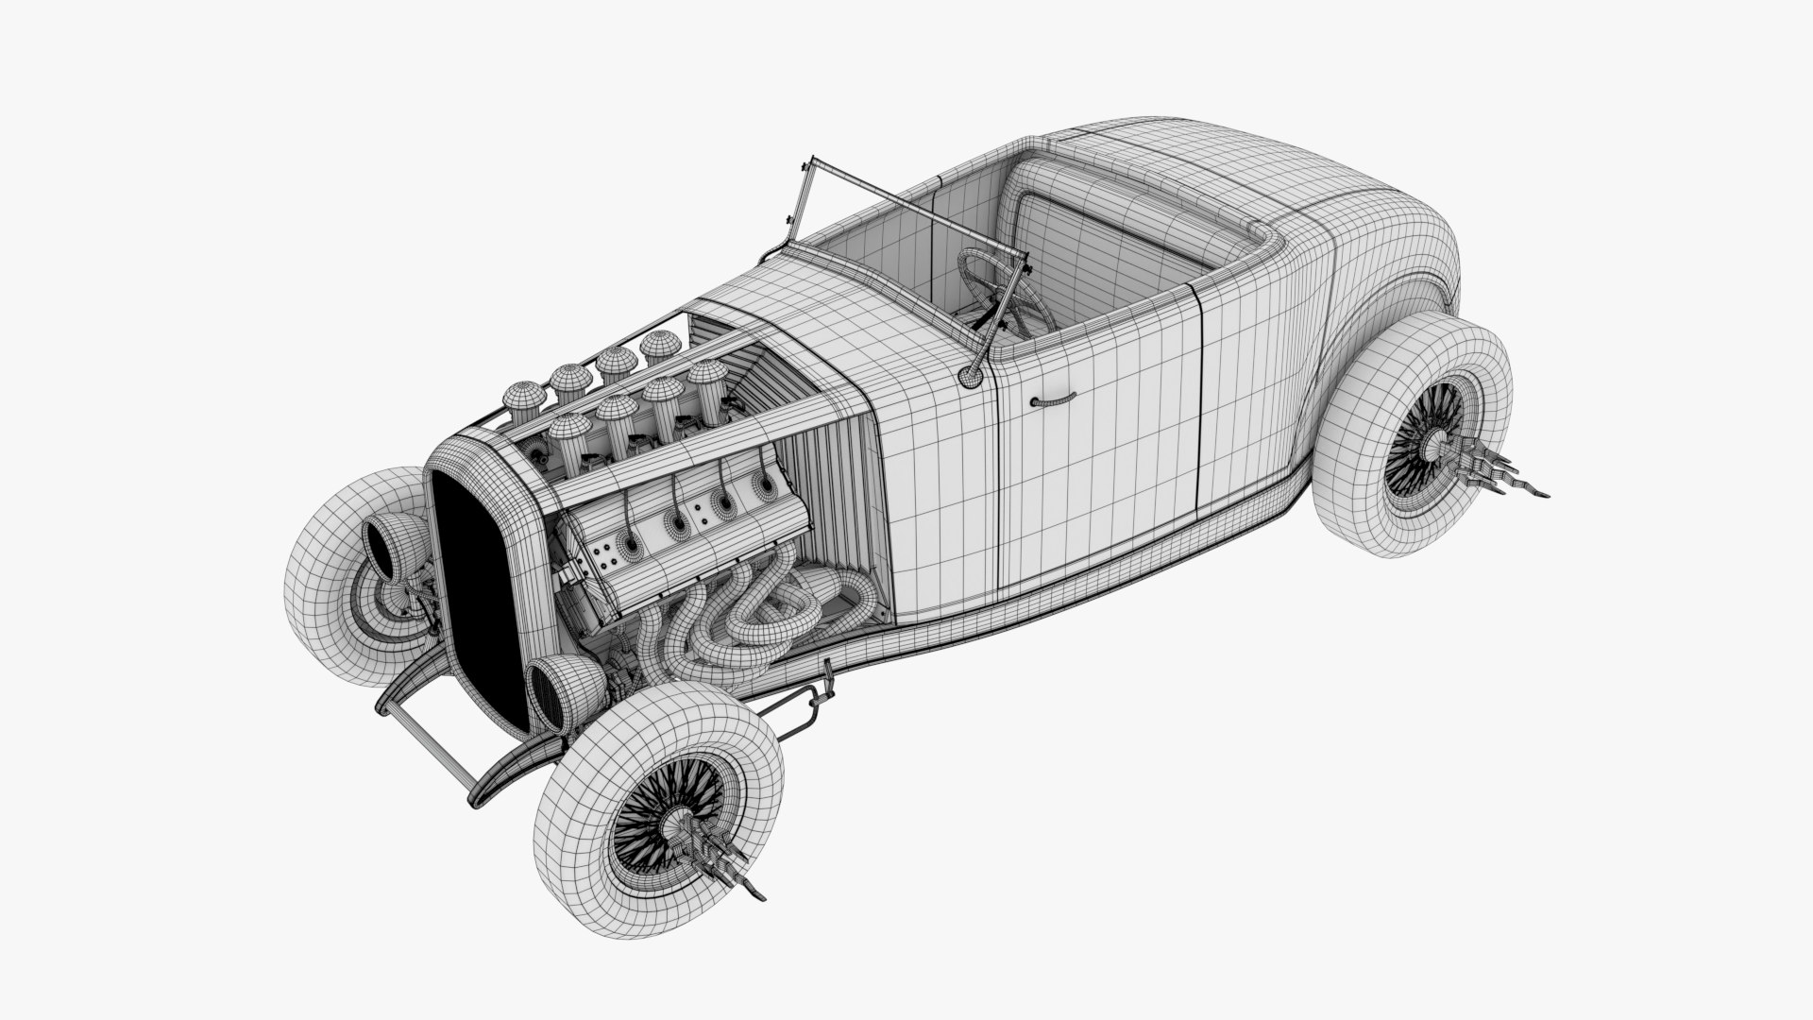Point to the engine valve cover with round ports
point(680,529)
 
